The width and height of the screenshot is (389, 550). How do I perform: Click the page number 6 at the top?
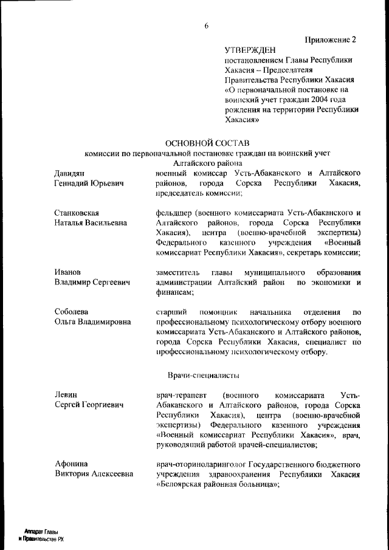tap(206, 26)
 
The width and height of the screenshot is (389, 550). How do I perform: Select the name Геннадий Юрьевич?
tap(89, 183)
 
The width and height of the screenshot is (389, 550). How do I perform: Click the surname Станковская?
tap(77, 213)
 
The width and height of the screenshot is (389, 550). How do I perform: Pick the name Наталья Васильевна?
tap(92, 222)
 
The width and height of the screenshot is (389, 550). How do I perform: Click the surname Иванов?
tap(69, 272)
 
